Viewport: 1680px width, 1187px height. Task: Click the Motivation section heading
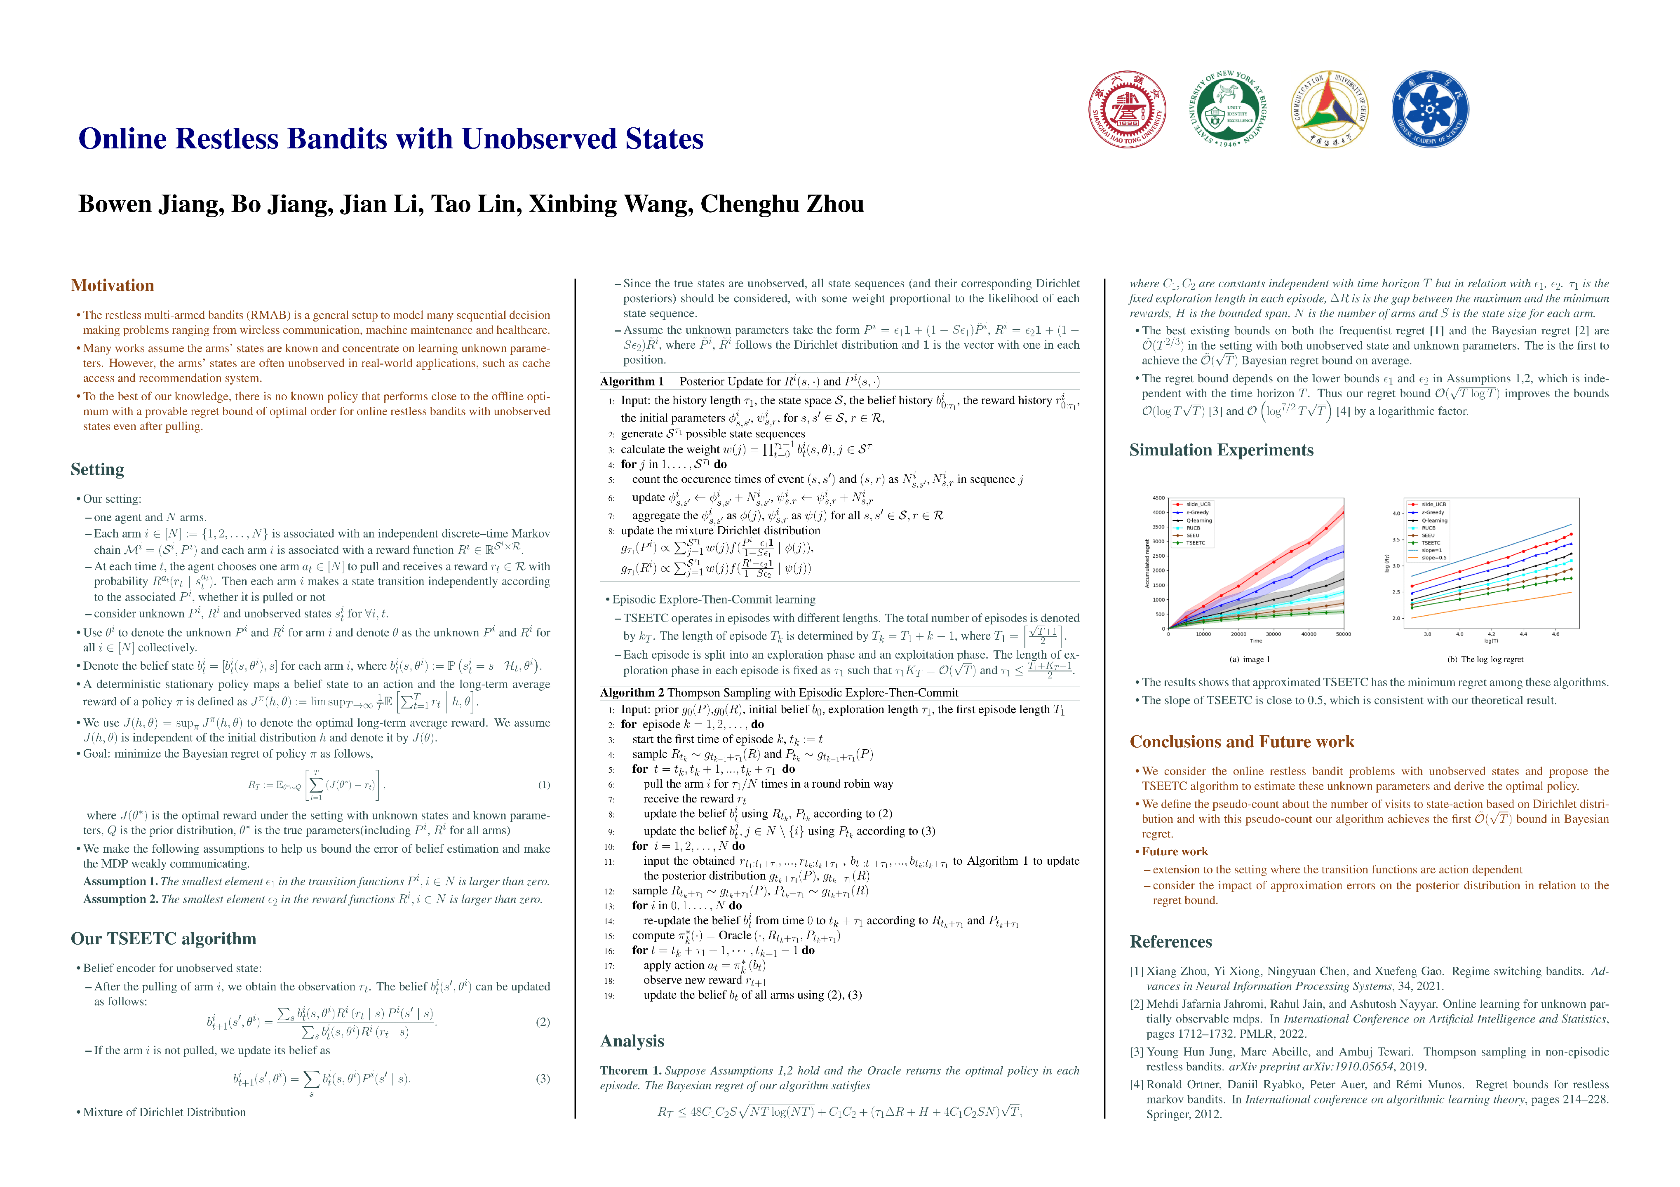click(112, 285)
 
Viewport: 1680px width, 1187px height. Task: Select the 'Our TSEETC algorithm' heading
click(163, 938)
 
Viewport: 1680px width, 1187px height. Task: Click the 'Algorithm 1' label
click(632, 382)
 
